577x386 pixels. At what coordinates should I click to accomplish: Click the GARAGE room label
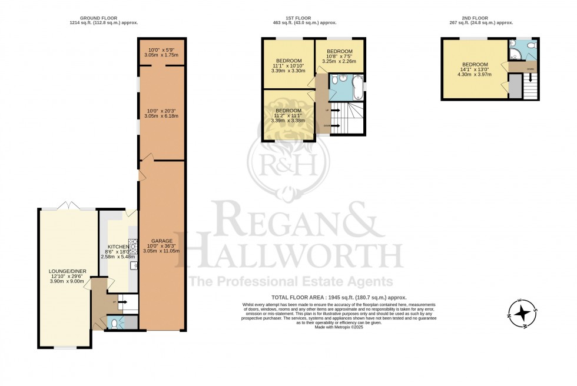[161, 241]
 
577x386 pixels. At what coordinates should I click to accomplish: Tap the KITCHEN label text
[118, 247]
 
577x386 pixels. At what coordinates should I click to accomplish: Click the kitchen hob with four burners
[134, 244]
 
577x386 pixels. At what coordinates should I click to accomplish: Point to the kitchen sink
[134, 266]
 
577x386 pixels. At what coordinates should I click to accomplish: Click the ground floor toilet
[114, 322]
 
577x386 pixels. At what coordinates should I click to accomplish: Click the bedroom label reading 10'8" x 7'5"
[339, 51]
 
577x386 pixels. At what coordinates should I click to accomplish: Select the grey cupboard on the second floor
[515, 87]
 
